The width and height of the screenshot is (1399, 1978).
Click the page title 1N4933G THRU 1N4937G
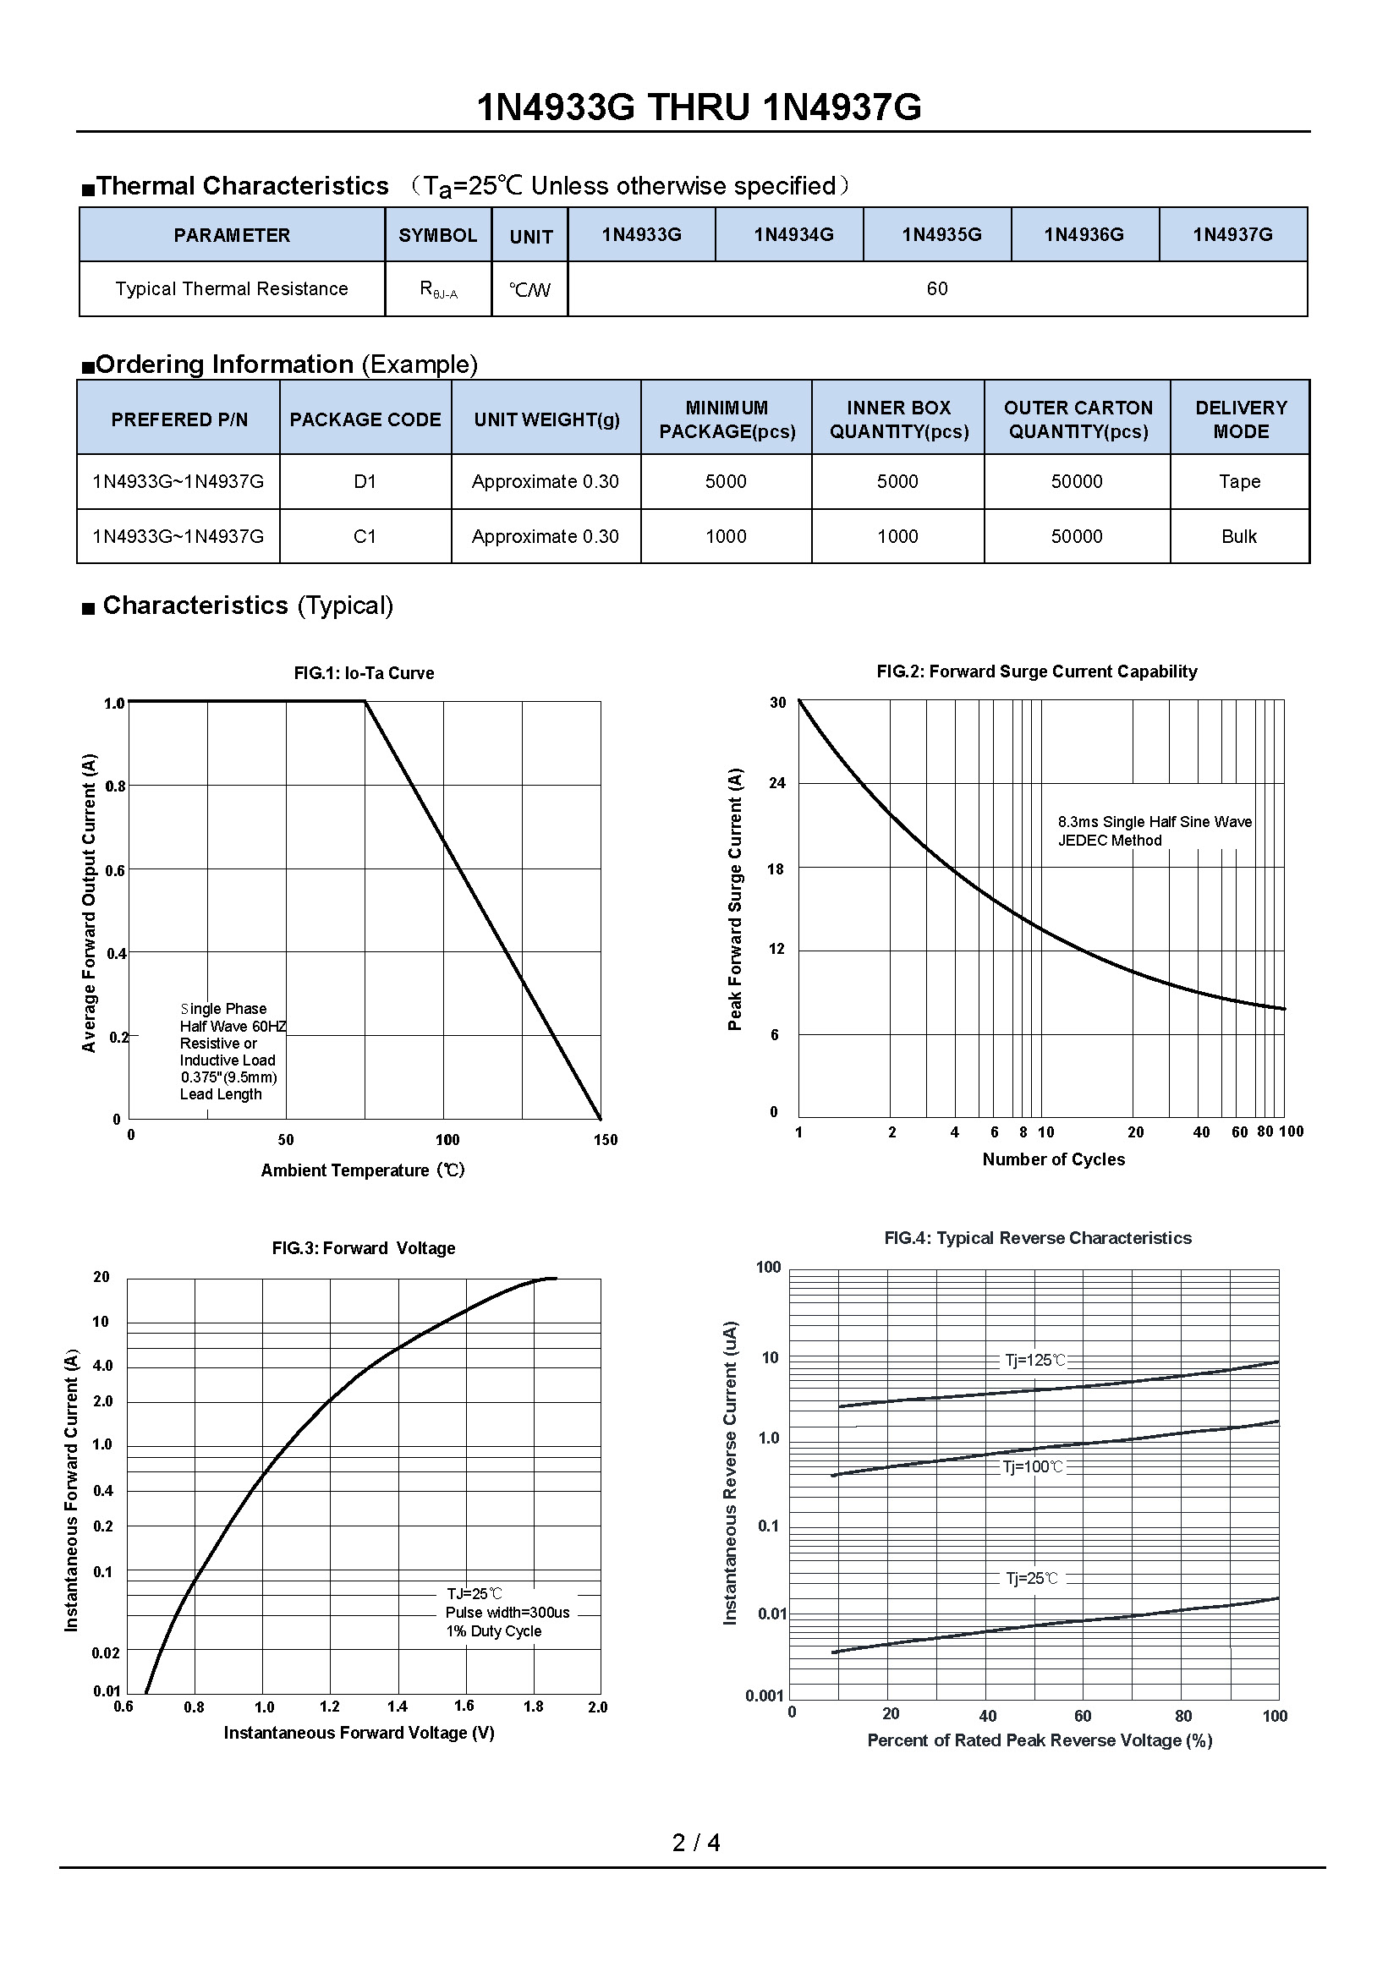click(699, 107)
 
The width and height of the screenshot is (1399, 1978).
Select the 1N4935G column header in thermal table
click(941, 234)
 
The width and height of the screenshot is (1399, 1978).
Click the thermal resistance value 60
click(936, 288)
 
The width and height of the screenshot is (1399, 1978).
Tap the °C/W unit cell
click(529, 289)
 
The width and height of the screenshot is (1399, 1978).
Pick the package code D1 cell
click(365, 481)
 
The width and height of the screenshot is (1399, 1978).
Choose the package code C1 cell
click(365, 537)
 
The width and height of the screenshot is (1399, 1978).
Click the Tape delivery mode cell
click(1239, 481)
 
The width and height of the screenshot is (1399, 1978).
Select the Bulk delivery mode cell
click(1239, 537)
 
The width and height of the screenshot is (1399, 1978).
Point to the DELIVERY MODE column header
click(1241, 419)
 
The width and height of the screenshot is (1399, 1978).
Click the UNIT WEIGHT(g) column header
click(546, 419)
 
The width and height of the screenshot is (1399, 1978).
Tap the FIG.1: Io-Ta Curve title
click(364, 673)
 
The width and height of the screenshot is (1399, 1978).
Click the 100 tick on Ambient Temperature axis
click(447, 1140)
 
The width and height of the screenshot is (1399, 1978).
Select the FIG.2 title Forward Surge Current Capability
click(1036, 671)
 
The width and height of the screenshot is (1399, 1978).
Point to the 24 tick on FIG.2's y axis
click(777, 783)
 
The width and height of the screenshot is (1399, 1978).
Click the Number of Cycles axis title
click(1053, 1159)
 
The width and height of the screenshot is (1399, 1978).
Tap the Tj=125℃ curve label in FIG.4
click(1034, 1361)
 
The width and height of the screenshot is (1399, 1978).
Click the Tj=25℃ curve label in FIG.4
click(1031, 1578)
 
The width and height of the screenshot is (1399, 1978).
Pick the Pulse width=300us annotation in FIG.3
click(507, 1613)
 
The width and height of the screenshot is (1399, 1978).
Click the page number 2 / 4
click(696, 1843)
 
